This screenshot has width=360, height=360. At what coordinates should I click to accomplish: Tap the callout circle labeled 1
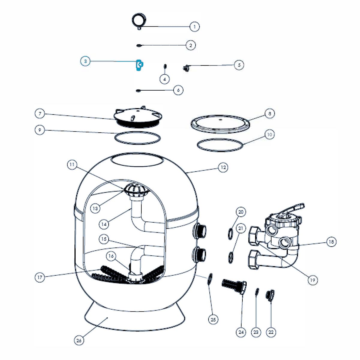[x=194, y=27]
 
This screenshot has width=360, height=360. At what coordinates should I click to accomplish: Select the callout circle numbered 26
[x=79, y=340]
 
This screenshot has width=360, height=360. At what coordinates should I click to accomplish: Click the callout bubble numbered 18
[x=331, y=241]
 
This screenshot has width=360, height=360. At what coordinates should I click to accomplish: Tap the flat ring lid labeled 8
[x=220, y=122]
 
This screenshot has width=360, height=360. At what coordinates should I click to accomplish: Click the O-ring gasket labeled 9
[x=138, y=138]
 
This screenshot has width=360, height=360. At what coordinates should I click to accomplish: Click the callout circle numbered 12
[x=223, y=167]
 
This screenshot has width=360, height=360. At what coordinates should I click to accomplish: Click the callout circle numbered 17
[x=40, y=277]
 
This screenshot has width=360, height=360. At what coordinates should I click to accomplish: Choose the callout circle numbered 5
[x=239, y=65]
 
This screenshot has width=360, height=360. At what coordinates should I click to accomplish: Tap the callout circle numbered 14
[x=104, y=224]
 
